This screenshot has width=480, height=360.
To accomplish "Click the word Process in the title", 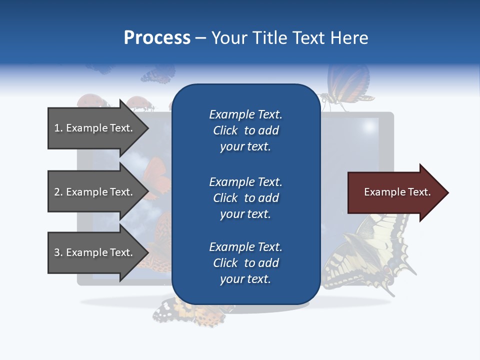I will pos(157,38).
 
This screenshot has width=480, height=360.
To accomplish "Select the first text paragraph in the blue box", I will pos(245,130).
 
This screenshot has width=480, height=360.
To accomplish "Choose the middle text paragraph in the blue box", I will pos(245,198).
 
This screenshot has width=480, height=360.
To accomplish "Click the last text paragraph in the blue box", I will pos(245,263).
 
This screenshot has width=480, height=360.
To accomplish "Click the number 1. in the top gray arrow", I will pos(58,128).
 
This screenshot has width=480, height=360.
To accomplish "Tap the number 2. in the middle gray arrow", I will pos(58,192).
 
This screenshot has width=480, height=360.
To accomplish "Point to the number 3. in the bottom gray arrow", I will pos(58,252).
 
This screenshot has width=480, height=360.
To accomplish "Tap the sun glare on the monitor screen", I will pos(370,125).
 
